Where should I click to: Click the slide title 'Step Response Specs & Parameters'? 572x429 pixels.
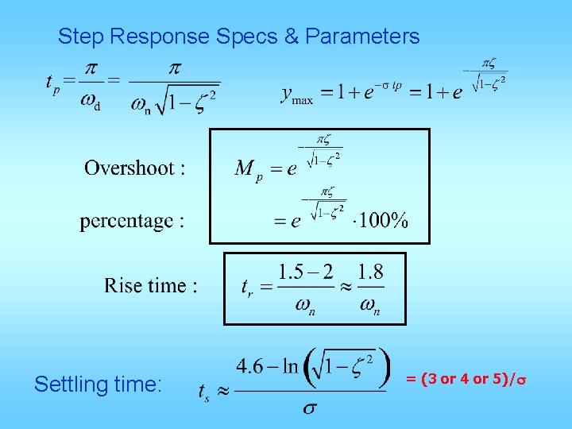tap(238, 37)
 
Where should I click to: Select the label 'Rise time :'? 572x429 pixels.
tap(151, 285)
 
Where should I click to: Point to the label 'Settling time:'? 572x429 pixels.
tap(98, 385)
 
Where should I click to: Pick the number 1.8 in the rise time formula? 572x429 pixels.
tap(370, 272)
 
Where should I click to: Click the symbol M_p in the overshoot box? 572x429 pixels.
tap(248, 169)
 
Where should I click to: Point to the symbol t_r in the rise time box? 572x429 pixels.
tap(248, 288)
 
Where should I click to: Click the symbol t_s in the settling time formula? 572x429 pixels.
tap(206, 391)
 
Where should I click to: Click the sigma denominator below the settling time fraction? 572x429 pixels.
tap(311, 408)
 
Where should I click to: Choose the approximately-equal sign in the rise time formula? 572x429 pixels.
tap(340, 288)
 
